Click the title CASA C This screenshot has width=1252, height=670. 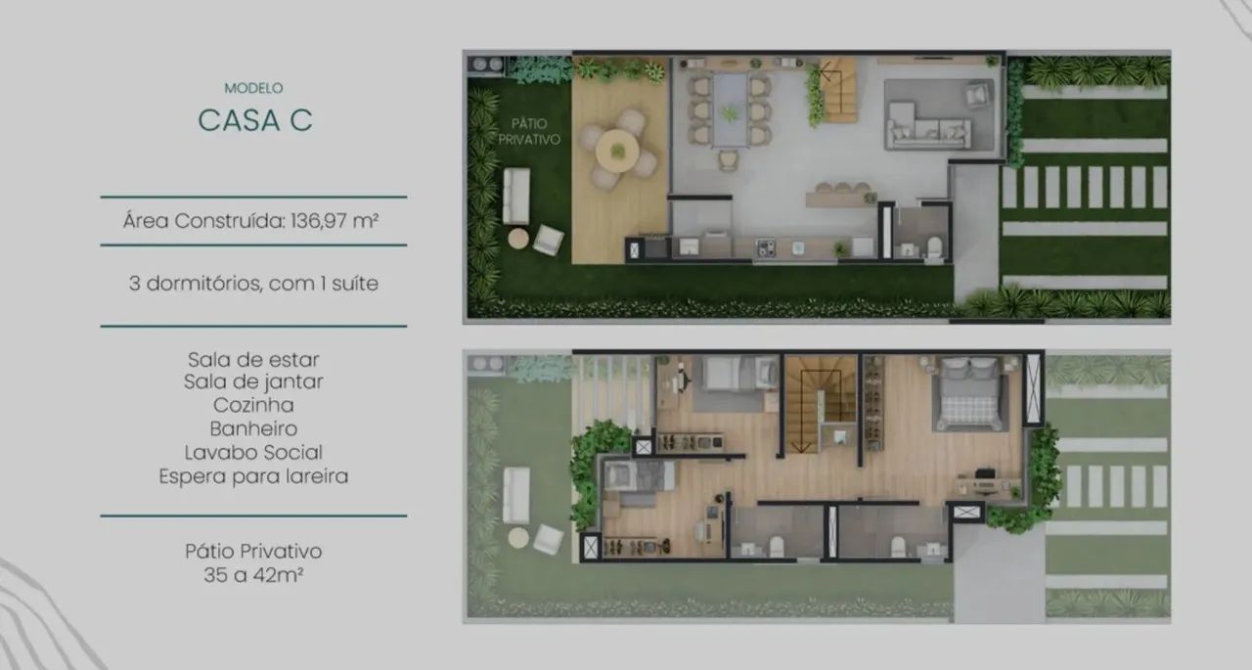click(255, 120)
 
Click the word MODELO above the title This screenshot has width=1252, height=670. click(253, 88)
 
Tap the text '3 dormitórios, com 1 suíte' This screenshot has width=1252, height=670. click(253, 284)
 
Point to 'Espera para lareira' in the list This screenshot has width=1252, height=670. click(253, 476)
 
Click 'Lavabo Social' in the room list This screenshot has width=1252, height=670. click(253, 452)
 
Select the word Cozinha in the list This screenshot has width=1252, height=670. click(253, 405)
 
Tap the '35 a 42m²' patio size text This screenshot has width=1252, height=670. click(253, 574)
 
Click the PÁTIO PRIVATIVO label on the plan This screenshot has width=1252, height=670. click(529, 131)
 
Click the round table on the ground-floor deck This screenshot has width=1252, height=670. click(617, 151)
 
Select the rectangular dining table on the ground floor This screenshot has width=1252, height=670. click(730, 111)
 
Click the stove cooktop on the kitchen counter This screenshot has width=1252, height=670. click(766, 247)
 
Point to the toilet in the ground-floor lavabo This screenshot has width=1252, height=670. click(934, 246)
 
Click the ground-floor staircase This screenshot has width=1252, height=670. click(836, 90)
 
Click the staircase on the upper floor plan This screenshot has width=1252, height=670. click(821, 405)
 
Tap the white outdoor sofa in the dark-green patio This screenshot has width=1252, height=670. click(515, 197)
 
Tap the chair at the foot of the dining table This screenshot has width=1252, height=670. click(729, 159)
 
